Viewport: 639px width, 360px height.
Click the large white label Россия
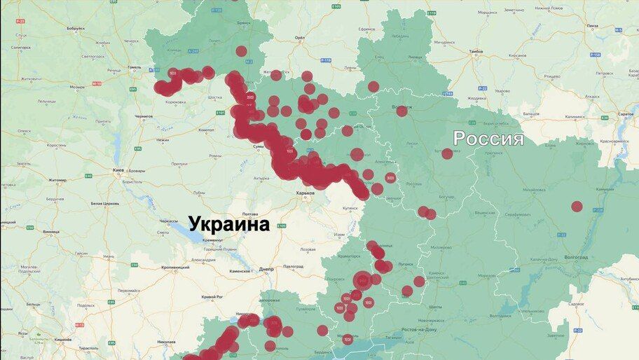(x=488, y=138)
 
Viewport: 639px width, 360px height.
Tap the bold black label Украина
(x=229, y=225)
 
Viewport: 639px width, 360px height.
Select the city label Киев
(x=118, y=170)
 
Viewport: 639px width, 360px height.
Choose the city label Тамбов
(x=476, y=52)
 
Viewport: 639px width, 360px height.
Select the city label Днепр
(x=266, y=268)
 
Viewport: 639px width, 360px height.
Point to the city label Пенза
(x=593, y=26)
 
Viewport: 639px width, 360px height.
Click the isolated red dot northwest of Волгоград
(x=577, y=206)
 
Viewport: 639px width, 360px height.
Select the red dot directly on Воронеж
(x=401, y=111)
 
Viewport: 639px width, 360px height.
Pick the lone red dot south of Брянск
(x=242, y=51)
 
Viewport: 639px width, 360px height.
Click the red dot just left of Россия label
(x=447, y=153)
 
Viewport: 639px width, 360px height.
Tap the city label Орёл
(x=300, y=38)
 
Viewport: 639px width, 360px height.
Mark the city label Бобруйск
(x=75, y=28)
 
